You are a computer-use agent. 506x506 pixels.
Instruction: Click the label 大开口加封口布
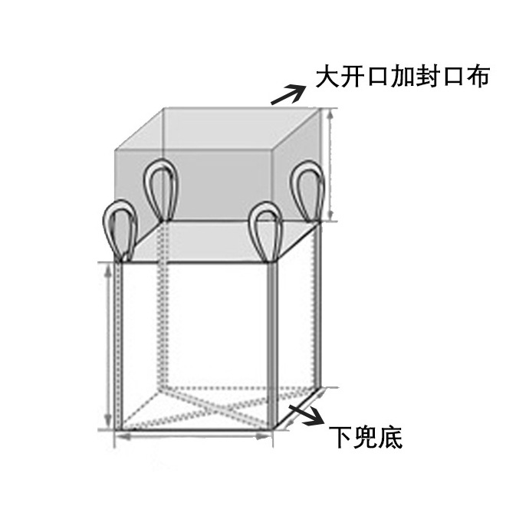[402, 77]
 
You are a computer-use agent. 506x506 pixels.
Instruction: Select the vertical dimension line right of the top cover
[331, 165]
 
